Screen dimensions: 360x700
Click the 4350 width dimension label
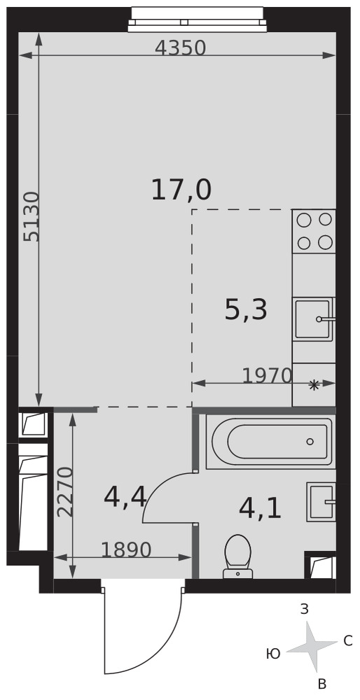coord(181,48)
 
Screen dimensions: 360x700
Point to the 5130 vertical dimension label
coord(32,217)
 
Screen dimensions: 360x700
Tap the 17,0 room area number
coord(181,190)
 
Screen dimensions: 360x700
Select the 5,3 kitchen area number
coord(246,310)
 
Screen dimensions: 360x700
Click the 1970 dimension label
coord(267,376)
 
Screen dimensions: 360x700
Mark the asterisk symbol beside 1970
coord(314,385)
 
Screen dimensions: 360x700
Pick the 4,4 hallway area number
coord(125,497)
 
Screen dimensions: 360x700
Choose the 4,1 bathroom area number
coord(261,508)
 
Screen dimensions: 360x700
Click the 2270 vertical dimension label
coord(64,492)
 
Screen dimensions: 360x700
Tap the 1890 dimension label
coord(126,550)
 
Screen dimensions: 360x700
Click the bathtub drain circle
coord(310,442)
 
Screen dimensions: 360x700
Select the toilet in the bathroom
coord(238,556)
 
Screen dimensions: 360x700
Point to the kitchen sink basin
coord(314,319)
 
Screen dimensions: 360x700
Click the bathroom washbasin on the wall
coord(321,502)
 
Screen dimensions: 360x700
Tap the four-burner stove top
coord(314,231)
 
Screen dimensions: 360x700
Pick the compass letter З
coord(305,610)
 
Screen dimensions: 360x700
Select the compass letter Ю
coord(273,654)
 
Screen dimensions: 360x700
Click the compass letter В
coord(321,683)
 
